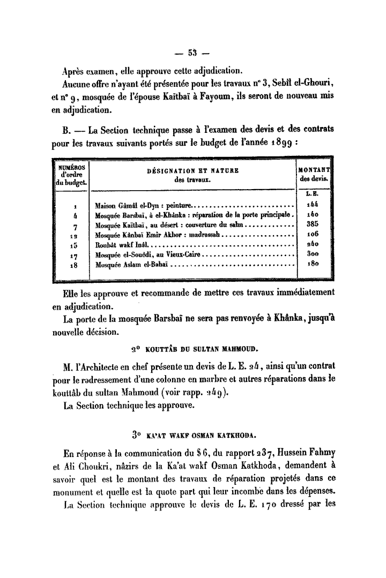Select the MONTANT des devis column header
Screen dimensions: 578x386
(x=314, y=174)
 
